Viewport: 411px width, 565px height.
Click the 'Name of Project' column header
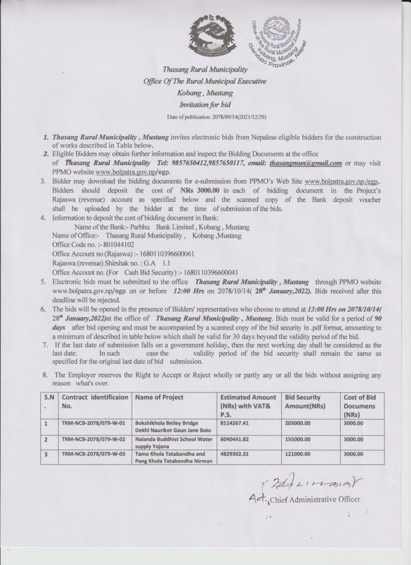159,397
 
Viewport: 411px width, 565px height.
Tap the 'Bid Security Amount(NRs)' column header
302,401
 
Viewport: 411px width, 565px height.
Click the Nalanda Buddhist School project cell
170,442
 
